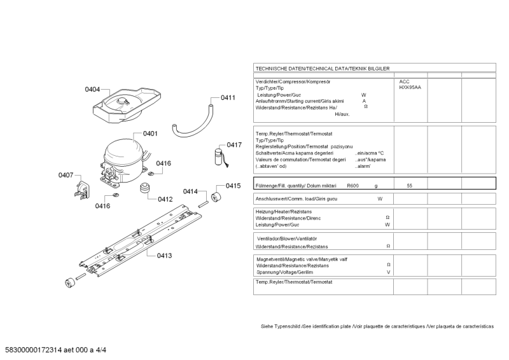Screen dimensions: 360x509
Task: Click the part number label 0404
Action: click(x=92, y=90)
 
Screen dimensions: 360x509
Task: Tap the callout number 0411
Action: click(x=228, y=98)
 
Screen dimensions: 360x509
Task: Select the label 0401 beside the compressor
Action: click(x=150, y=134)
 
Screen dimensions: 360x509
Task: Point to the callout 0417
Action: click(x=234, y=145)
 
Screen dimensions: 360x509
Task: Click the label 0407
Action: click(x=66, y=175)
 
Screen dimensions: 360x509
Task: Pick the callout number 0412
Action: click(x=165, y=199)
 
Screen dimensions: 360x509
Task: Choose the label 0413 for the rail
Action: click(x=164, y=256)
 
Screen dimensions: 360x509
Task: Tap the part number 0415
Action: click(x=233, y=186)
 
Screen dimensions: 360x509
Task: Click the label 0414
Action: click(x=191, y=191)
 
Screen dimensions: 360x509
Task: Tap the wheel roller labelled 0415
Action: click(x=214, y=198)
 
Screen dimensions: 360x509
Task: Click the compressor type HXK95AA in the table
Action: click(x=410, y=88)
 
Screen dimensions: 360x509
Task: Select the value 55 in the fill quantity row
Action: click(x=410, y=184)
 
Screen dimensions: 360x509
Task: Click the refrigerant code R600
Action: click(x=353, y=184)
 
